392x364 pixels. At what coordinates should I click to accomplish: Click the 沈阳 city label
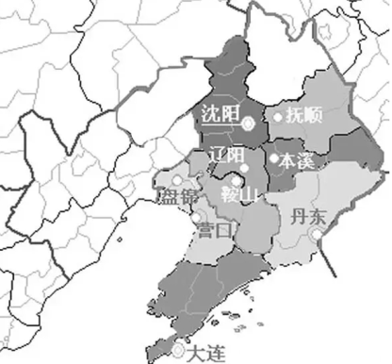[x=220, y=114]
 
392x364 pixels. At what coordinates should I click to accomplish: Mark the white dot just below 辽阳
[x=244, y=170]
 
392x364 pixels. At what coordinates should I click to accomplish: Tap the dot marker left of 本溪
[x=274, y=158]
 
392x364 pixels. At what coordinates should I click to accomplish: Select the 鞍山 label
[x=239, y=196]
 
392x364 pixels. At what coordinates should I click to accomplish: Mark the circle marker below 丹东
[x=318, y=233]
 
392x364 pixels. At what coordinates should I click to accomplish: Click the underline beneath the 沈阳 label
[x=220, y=125]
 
